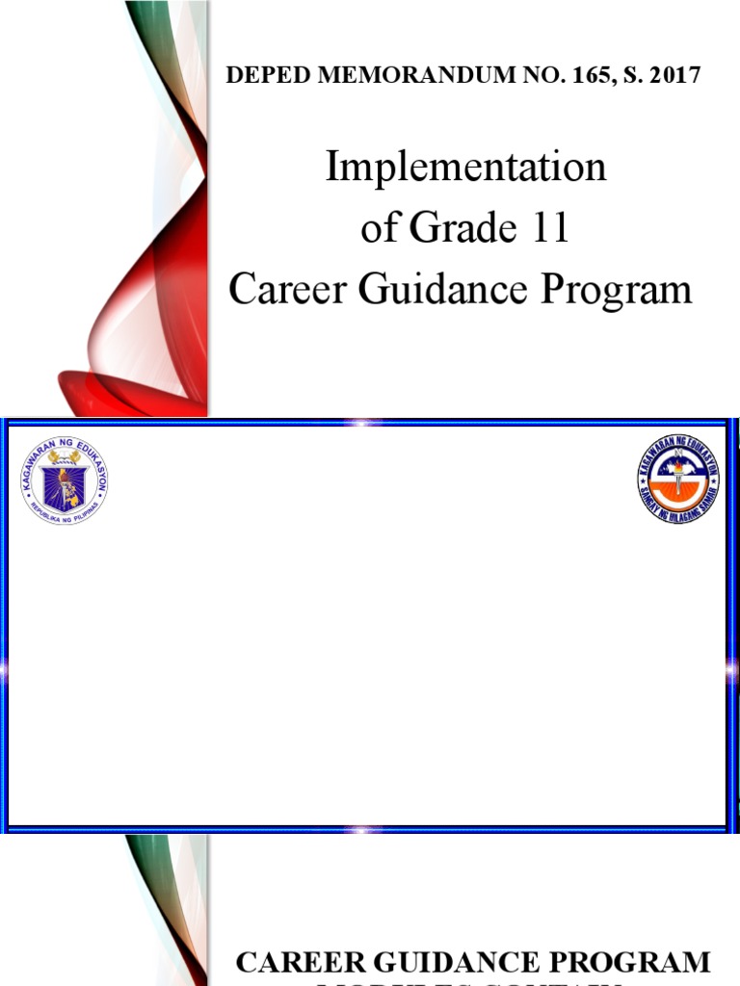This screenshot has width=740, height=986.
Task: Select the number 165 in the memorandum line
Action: [x=559, y=75]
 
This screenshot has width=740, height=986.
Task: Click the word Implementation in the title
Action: [x=465, y=168]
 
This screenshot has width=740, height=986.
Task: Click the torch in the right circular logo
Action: [x=678, y=472]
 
